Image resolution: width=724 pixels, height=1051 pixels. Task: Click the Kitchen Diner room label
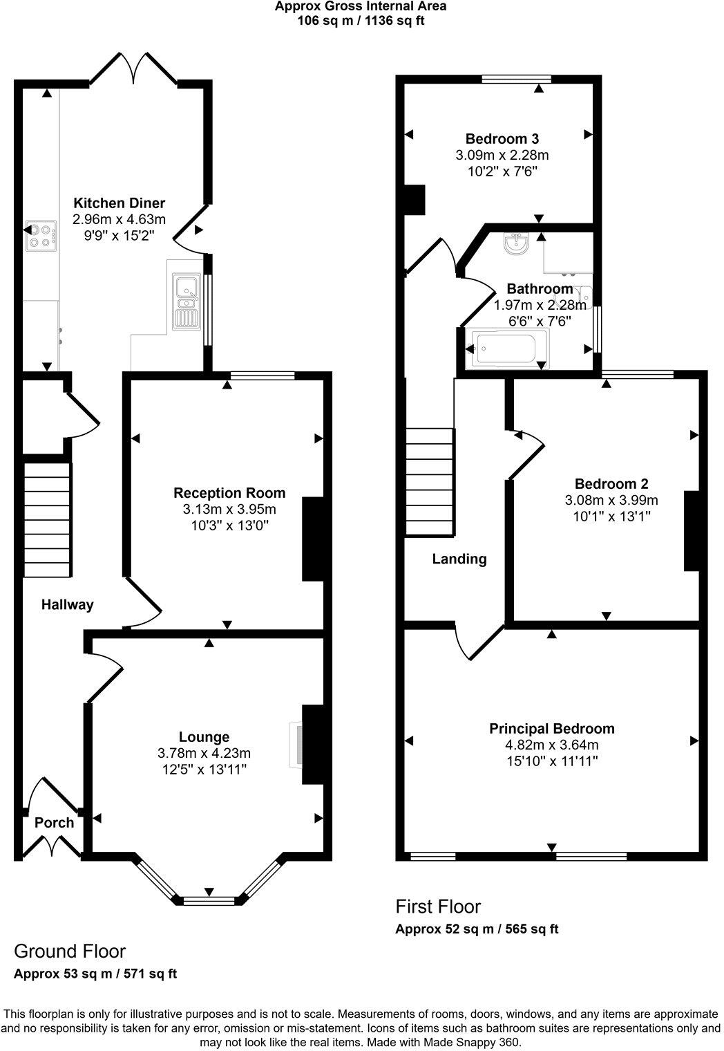tap(120, 203)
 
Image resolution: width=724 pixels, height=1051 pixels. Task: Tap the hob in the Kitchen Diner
tap(39, 235)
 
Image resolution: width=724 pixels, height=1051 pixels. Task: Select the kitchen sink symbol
tap(187, 301)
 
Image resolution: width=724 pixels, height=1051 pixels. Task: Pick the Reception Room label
tap(229, 493)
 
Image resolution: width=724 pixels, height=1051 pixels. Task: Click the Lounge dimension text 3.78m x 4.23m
tap(204, 753)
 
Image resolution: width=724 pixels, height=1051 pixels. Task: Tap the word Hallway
tap(67, 605)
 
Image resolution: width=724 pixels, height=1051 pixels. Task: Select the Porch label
tap(54, 823)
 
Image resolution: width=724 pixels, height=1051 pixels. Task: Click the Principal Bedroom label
tap(551, 728)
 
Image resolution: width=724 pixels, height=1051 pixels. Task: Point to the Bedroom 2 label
tap(611, 484)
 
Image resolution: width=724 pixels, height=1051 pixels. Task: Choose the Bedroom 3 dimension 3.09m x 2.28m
tap(502, 155)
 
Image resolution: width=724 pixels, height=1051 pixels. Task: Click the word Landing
tap(459, 559)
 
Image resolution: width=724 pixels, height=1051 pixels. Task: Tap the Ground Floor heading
tap(70, 951)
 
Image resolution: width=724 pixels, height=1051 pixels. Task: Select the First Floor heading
tap(438, 906)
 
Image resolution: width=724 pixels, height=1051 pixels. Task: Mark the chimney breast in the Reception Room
tap(313, 539)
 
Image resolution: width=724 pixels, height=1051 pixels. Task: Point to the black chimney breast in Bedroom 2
tap(692, 531)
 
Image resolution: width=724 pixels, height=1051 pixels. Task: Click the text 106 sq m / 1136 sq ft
tap(361, 20)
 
